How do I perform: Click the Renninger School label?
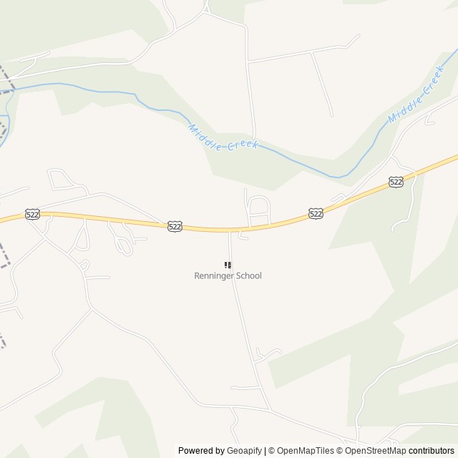[x=228, y=276]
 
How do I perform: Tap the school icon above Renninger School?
[x=228, y=265]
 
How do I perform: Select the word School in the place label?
[x=250, y=276]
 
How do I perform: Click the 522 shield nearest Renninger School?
[x=175, y=226]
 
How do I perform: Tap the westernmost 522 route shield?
[x=32, y=214]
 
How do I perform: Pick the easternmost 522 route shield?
[x=396, y=182]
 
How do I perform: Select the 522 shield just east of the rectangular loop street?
[x=316, y=213]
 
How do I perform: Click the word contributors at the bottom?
[x=432, y=451]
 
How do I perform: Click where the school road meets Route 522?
[x=229, y=230]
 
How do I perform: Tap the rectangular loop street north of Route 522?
[x=258, y=209]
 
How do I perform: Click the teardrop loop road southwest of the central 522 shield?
[x=122, y=241]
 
